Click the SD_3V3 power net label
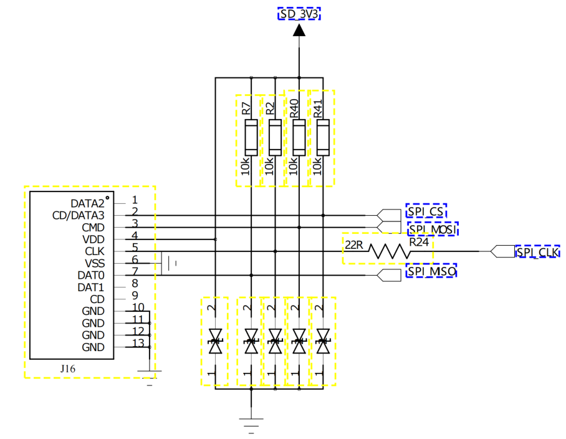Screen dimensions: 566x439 (x=299, y=14)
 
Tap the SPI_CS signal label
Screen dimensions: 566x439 (x=426, y=211)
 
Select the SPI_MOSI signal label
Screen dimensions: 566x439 (x=433, y=229)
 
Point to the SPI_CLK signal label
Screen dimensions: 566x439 (x=538, y=252)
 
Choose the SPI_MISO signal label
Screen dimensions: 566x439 (x=431, y=271)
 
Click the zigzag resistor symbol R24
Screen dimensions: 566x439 (x=389, y=251)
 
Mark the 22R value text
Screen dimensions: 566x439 (x=354, y=245)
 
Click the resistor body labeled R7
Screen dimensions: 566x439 (x=251, y=138)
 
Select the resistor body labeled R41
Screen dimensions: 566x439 (x=323, y=138)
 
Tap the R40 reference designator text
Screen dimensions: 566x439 (x=294, y=109)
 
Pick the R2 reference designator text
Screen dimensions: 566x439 (x=270, y=109)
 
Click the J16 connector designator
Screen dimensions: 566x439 (x=68, y=369)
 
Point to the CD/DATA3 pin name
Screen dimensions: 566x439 (x=79, y=216)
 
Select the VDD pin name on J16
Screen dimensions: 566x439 (x=94, y=239)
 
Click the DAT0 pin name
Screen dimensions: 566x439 (x=91, y=276)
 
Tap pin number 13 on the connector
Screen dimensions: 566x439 (x=138, y=343)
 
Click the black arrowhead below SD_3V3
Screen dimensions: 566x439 (x=299, y=30)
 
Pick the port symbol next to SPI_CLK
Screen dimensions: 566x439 (x=503, y=251)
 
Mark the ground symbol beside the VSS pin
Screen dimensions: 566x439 (x=169, y=263)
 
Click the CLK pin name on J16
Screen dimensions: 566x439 (x=95, y=251)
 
